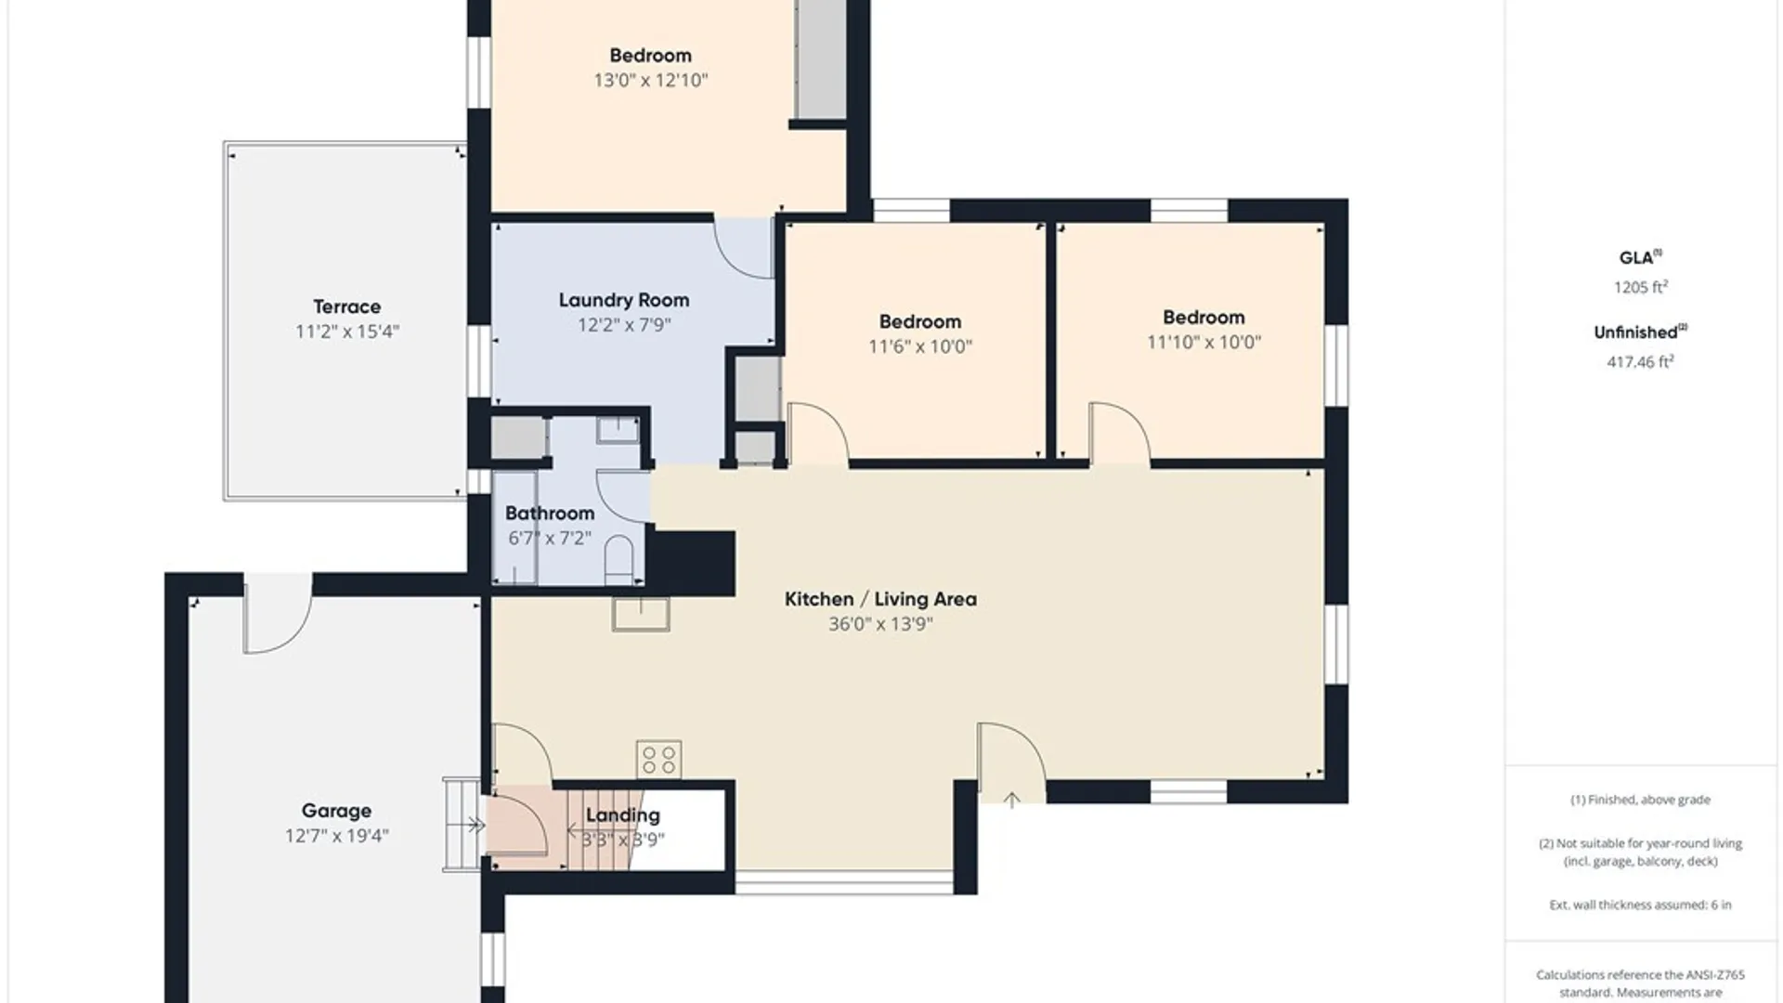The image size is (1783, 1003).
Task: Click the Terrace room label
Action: (x=346, y=306)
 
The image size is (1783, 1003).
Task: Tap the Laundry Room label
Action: (x=624, y=300)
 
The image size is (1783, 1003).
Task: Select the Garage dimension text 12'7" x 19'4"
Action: (x=336, y=836)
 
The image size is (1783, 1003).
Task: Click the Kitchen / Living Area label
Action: (x=880, y=599)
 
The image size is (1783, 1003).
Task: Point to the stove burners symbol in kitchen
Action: (x=658, y=760)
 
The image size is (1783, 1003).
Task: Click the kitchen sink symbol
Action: (x=641, y=614)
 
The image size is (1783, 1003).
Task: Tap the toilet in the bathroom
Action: (x=618, y=560)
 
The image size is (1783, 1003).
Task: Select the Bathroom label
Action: (x=550, y=513)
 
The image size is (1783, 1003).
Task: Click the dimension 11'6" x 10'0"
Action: (x=920, y=346)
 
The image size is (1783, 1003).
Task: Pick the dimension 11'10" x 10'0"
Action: (x=1204, y=342)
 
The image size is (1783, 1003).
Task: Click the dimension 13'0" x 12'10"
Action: (x=650, y=80)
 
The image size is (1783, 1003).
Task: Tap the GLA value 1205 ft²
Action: (x=1640, y=287)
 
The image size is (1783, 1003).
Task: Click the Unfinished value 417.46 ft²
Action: (x=1640, y=361)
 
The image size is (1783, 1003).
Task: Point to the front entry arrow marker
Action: (x=1011, y=799)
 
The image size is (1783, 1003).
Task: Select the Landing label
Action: (x=622, y=815)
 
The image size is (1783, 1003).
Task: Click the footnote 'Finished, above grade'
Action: (x=1640, y=800)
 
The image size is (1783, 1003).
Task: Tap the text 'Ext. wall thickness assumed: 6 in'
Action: (x=1640, y=905)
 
